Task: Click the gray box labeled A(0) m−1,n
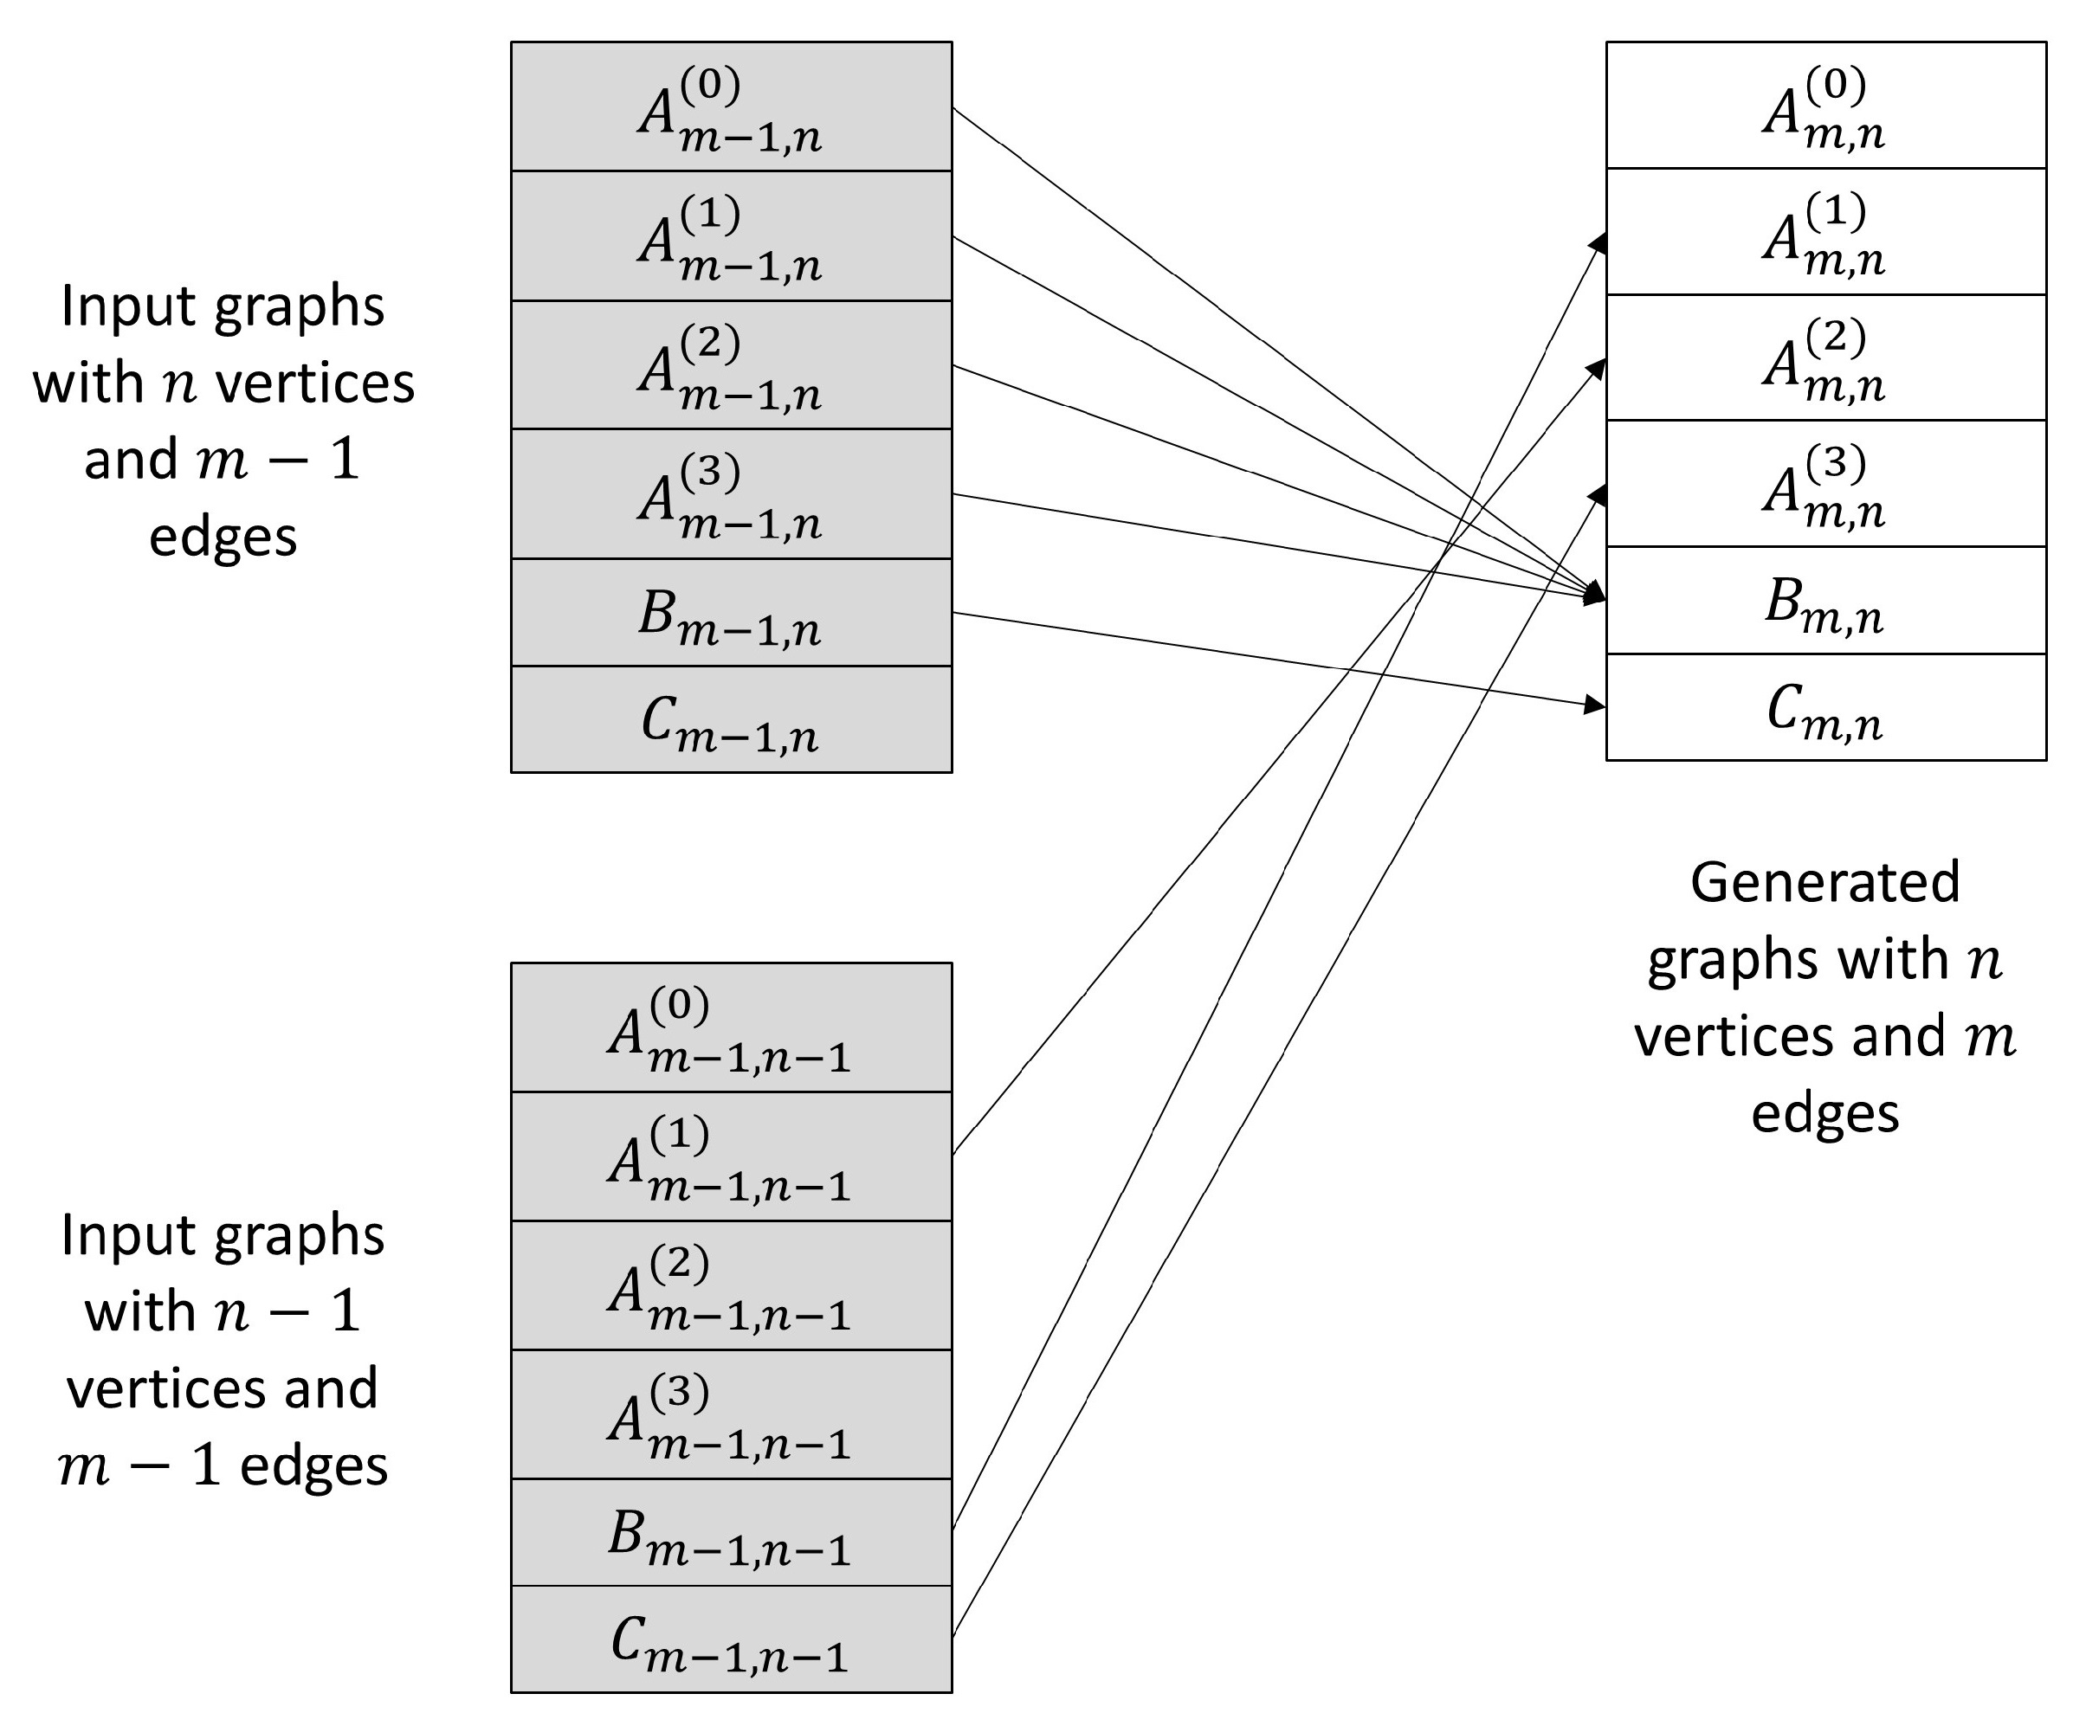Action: pyautogui.click(x=731, y=107)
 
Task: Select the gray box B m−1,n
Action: pyautogui.click(x=731, y=613)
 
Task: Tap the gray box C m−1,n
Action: pyautogui.click(x=731, y=720)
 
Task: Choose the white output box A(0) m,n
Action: pyautogui.click(x=1825, y=106)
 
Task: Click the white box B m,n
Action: pyautogui.click(x=1825, y=601)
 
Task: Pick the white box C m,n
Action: pyautogui.click(x=1825, y=708)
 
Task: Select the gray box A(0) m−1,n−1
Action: pyautogui.click(x=731, y=1027)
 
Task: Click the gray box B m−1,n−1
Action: pyautogui.click(x=731, y=1532)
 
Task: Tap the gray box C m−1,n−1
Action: pyautogui.click(x=731, y=1639)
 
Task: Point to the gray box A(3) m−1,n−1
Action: pyautogui.click(x=731, y=1415)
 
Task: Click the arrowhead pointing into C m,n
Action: pyautogui.click(x=1594, y=705)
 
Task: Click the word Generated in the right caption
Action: pyautogui.click(x=1824, y=882)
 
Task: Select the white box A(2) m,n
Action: pyautogui.click(x=1825, y=357)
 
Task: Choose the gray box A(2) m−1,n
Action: pyautogui.click(x=731, y=365)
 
